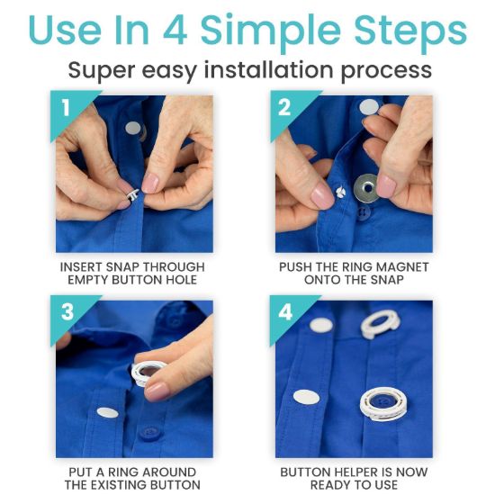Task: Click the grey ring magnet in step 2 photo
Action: [x=366, y=188]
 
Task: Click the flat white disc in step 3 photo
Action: [x=108, y=412]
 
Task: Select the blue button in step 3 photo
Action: [x=149, y=432]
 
